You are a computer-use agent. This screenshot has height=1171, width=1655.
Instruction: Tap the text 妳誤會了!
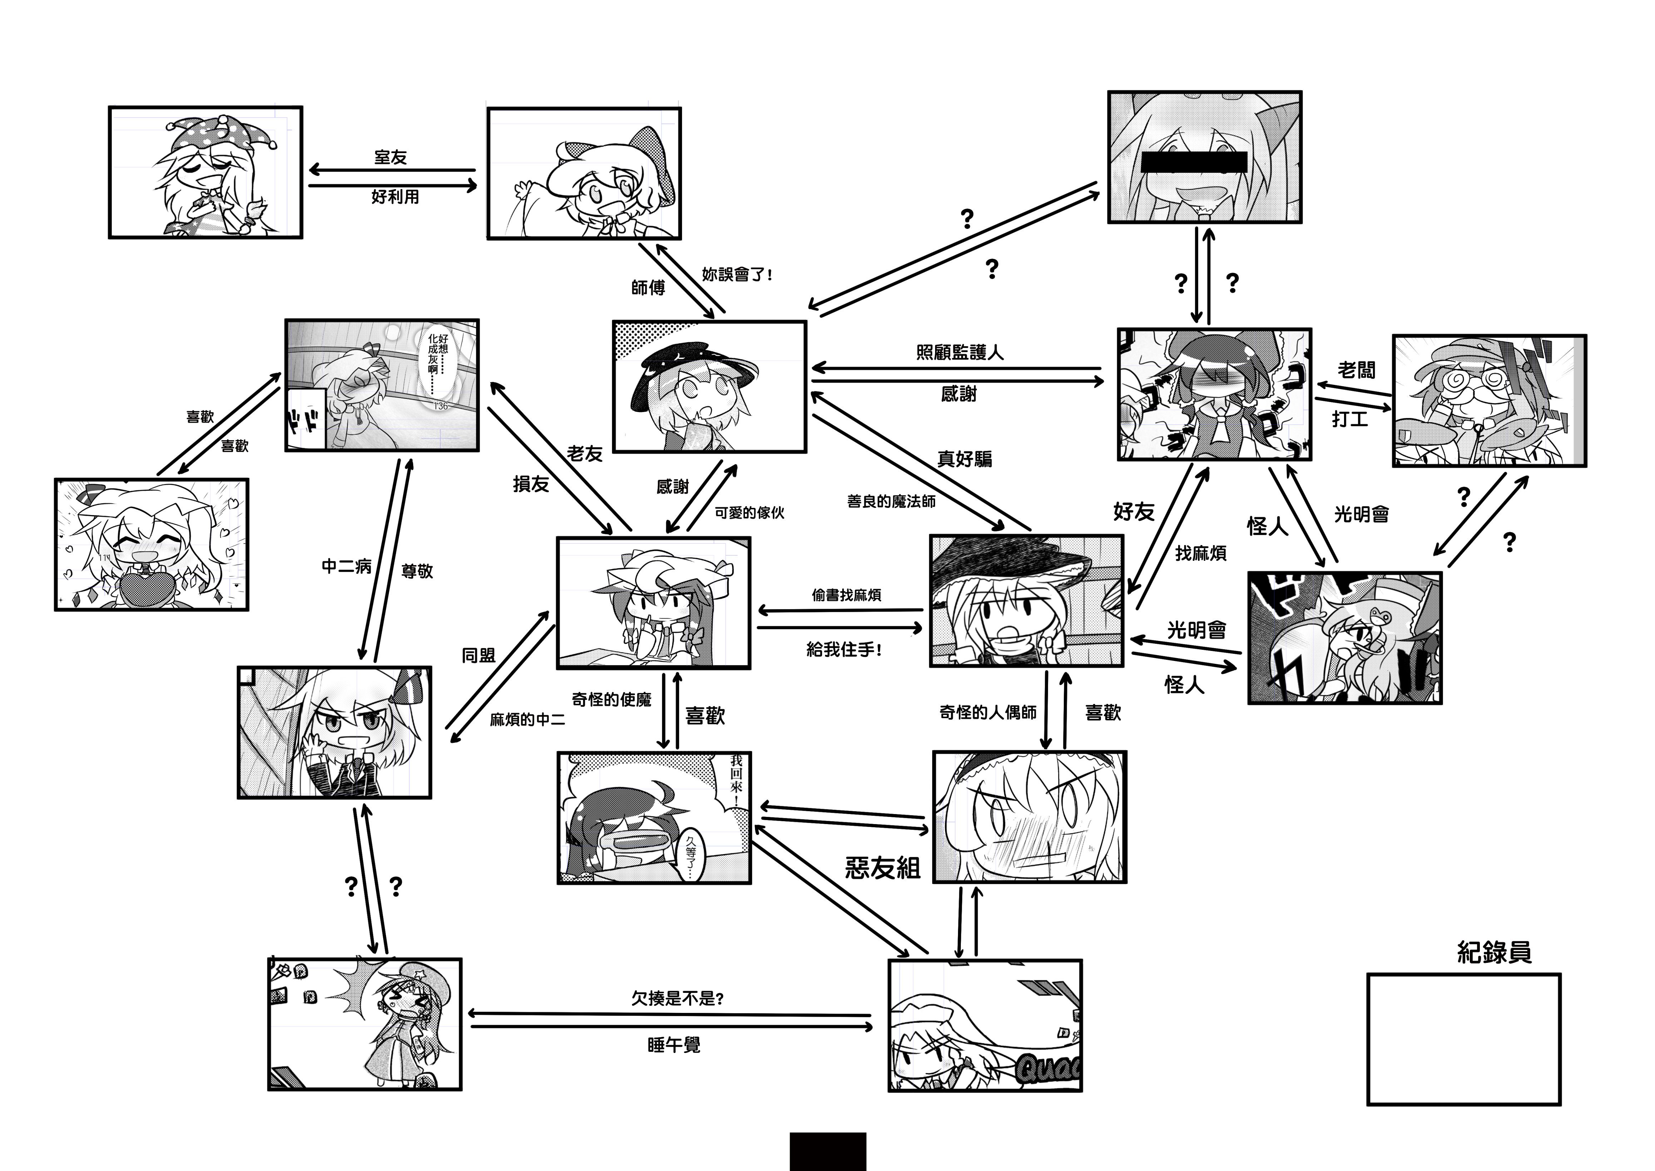click(x=737, y=275)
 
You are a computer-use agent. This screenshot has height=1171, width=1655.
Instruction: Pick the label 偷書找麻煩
click(x=846, y=595)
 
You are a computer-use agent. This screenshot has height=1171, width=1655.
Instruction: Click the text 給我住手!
click(x=843, y=650)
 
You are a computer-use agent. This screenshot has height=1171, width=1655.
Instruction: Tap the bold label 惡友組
click(x=883, y=867)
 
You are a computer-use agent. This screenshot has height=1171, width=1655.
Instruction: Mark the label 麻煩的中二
click(x=528, y=720)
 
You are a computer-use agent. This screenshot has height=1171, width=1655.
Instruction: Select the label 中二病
click(x=347, y=567)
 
